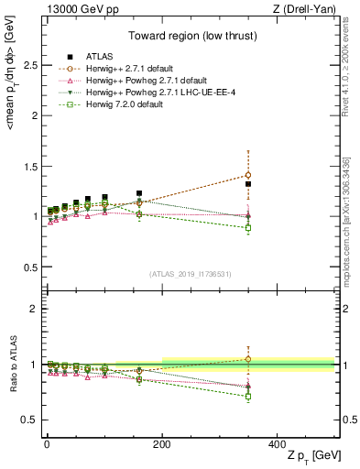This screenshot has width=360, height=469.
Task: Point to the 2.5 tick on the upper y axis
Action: pos(29,65)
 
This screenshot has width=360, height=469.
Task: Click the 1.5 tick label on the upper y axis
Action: pos(29,166)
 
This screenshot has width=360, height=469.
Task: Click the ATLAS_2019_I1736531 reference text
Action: pos(191,274)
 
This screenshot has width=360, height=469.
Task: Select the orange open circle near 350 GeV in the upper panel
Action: pos(248,175)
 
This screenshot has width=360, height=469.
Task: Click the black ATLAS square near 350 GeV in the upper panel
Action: pos(248,184)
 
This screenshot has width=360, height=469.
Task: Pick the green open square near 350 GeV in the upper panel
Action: pos(248,227)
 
